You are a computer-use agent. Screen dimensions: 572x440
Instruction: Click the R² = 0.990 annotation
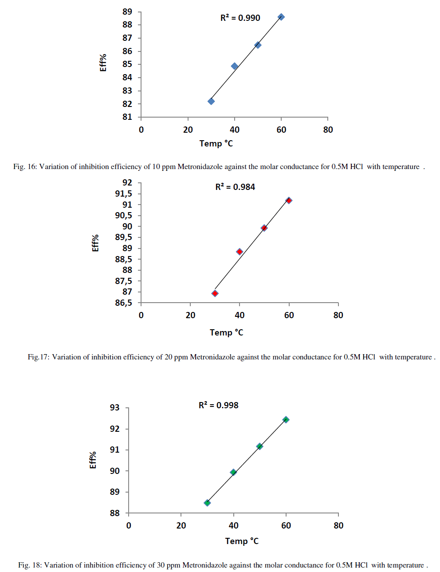tap(240, 18)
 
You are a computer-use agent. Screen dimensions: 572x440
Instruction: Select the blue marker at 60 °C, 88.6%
tap(281, 17)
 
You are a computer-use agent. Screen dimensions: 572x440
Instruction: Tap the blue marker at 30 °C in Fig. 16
tap(211, 101)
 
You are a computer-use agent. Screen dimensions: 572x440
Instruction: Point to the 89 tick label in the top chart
tap(127, 12)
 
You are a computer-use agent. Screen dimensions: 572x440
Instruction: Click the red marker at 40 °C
tap(240, 252)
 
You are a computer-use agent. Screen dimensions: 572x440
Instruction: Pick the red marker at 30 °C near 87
tap(215, 293)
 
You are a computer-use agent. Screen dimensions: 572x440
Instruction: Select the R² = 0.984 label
tap(235, 187)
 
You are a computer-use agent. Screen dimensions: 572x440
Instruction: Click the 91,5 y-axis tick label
tap(123, 193)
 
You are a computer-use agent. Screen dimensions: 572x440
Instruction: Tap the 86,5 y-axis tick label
tap(123, 303)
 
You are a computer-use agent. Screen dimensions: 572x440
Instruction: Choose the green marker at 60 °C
tap(286, 419)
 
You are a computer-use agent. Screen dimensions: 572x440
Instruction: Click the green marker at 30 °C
tap(207, 503)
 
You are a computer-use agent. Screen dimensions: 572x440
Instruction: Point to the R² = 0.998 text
tap(218, 405)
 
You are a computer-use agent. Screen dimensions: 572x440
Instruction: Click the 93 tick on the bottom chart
tap(115, 407)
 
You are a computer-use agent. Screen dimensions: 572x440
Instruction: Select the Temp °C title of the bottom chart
tap(242, 541)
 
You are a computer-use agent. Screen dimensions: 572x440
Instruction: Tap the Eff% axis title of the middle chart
tap(95, 243)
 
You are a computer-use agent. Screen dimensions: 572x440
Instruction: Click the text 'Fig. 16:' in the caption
tap(25, 167)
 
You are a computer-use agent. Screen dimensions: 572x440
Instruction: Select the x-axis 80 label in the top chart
tap(328, 130)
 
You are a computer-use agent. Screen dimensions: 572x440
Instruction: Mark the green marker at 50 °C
tap(259, 446)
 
